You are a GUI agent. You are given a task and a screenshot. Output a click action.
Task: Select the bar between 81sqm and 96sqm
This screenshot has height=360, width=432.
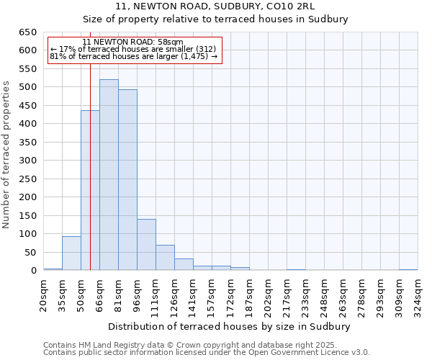pyautogui.click(x=127, y=180)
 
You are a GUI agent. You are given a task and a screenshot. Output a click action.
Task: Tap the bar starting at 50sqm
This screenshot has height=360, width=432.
pyautogui.click(x=90, y=191)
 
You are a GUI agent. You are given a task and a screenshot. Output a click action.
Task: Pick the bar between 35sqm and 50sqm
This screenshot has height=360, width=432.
pyautogui.click(x=71, y=253)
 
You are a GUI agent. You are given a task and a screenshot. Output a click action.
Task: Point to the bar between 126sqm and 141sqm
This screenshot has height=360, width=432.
pyautogui.click(x=184, y=264)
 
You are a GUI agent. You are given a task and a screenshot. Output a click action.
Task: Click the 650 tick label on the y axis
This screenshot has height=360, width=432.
pyautogui.click(x=27, y=32)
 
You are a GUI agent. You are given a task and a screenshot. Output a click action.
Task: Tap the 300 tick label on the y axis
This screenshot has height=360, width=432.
pyautogui.click(x=27, y=161)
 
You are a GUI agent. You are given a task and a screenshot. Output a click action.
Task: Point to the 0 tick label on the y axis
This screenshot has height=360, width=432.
pyautogui.click(x=33, y=271)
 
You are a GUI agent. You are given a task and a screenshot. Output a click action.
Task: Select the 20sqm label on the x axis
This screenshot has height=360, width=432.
pyautogui.click(x=44, y=293)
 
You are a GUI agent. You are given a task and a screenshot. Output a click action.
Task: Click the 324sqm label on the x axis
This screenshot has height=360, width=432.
pyautogui.click(x=418, y=293)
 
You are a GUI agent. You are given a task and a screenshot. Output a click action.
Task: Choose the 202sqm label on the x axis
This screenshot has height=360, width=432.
pyautogui.click(x=268, y=293)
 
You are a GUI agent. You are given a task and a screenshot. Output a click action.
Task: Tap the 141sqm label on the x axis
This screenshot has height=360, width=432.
pyautogui.click(x=193, y=293)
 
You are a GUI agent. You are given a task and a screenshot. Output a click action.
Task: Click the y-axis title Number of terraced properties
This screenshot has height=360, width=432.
pyautogui.click(x=7, y=154)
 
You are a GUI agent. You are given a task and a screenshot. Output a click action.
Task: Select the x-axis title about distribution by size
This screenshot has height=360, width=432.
pyautogui.click(x=230, y=327)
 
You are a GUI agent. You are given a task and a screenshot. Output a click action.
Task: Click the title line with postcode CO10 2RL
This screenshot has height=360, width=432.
pyautogui.click(x=215, y=6)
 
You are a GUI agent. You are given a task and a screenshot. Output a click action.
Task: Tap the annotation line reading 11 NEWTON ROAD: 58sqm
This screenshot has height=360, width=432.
pyautogui.click(x=132, y=42)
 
